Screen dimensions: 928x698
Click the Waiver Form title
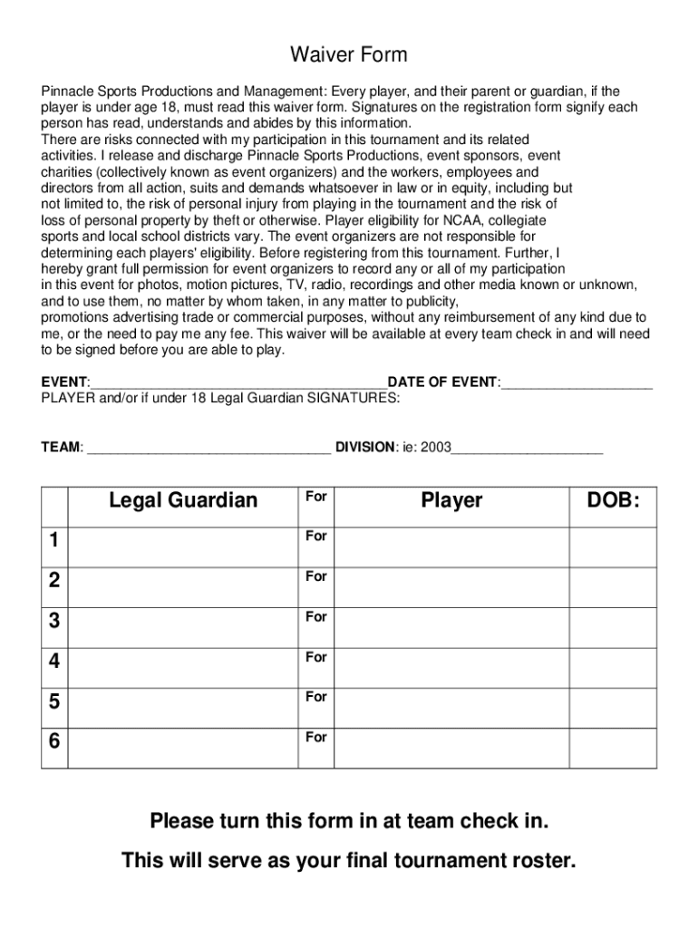348,55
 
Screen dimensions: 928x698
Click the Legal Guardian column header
183,500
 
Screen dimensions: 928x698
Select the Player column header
451,500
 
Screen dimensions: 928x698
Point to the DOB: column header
613,500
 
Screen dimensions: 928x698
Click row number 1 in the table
54,541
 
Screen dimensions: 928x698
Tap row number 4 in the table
54,662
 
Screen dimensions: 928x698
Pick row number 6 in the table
54,741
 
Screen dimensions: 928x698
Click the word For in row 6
315,738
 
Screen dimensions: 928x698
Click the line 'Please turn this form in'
349,822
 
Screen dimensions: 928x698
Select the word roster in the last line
539,861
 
